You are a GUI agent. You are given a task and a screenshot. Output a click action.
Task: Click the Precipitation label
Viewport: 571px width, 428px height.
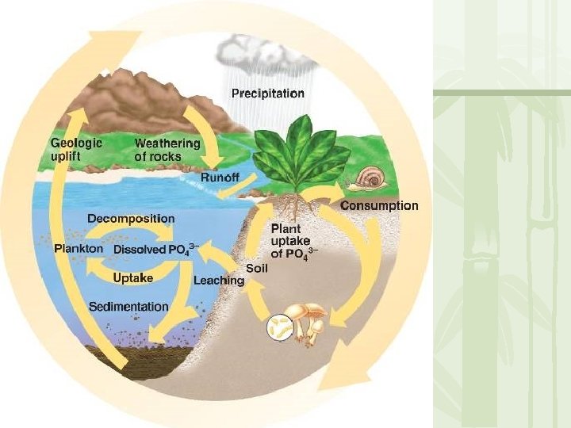[x=267, y=94]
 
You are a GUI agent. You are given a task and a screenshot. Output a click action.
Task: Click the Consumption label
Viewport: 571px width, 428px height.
[x=379, y=206]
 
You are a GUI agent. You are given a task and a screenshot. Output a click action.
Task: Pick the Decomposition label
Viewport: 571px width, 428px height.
[x=131, y=218]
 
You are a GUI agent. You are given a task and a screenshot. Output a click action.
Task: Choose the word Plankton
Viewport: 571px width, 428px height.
[x=79, y=249]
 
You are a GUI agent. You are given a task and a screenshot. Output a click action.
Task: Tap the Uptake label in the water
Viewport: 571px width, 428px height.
[x=132, y=278]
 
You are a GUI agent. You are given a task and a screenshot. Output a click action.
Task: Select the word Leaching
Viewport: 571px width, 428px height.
[x=219, y=280]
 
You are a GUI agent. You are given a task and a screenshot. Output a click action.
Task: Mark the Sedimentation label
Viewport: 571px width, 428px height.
[x=128, y=306]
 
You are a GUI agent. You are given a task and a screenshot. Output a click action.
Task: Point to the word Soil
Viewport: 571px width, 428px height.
[x=256, y=268]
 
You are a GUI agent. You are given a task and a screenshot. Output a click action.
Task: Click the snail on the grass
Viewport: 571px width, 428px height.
[x=369, y=178]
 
